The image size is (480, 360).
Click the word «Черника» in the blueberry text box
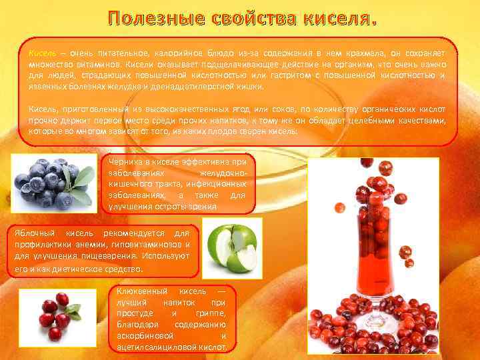click(127, 161)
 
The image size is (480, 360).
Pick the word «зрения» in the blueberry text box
click(199, 207)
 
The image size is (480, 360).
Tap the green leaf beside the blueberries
click(83, 177)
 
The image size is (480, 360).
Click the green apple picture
click(231, 248)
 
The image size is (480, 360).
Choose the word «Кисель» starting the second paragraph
click(43, 109)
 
